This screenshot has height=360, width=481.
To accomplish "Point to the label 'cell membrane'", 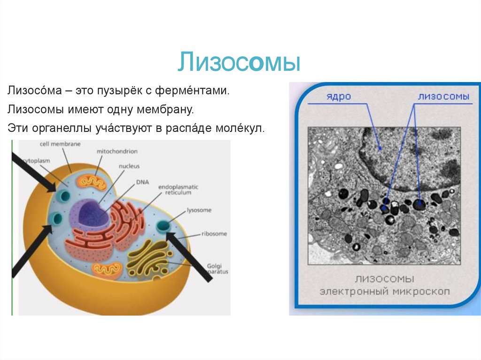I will (61, 144).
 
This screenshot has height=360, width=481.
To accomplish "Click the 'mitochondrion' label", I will (117, 152).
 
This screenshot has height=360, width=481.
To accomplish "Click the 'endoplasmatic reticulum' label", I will (178, 190).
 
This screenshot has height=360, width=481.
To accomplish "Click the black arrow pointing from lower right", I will (190, 256).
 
